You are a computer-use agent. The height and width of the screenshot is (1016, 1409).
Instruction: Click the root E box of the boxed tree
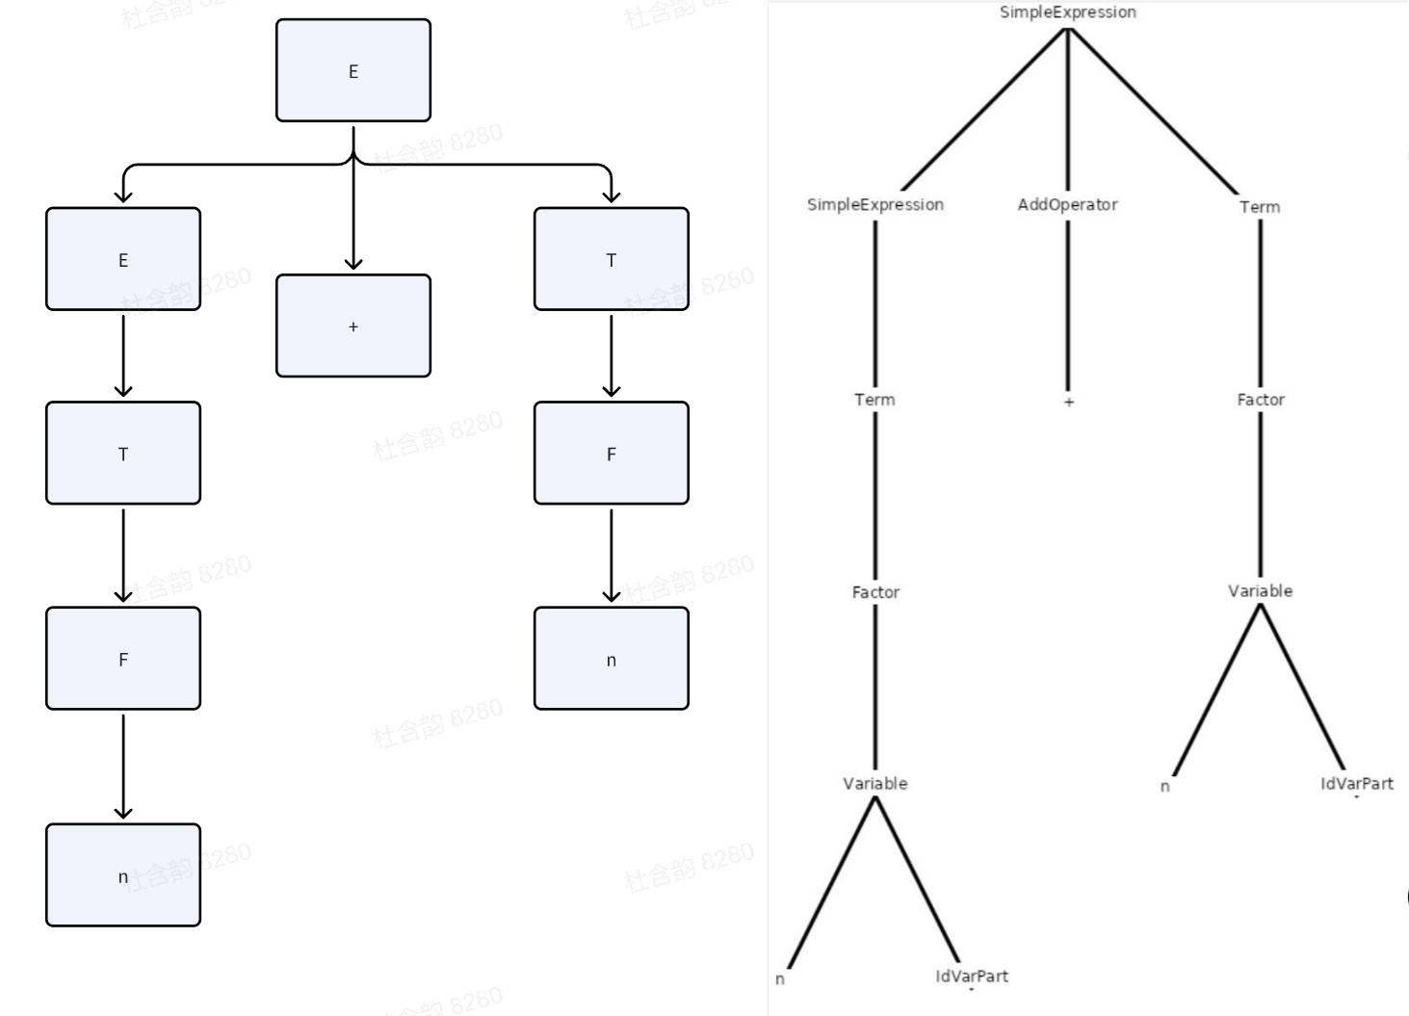352,70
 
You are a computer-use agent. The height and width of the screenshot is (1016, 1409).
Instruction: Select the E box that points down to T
123,259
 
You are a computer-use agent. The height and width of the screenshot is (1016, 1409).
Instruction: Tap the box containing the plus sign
352,326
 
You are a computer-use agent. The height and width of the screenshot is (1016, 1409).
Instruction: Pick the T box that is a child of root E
611,259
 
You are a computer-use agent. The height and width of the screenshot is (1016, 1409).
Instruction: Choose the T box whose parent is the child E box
123,453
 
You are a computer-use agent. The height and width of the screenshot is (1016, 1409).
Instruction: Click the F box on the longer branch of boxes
123,659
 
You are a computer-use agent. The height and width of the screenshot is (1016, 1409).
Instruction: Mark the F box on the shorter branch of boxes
611,453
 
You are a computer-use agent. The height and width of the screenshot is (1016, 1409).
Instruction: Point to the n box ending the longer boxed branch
123,875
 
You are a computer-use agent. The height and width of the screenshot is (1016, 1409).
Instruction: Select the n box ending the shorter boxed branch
611,659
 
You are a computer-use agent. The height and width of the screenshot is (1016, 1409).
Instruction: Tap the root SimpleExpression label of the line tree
1067,13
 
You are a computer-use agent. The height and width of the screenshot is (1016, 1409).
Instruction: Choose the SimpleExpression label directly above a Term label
874,204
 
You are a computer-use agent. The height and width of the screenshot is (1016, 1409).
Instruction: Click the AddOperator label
1067,204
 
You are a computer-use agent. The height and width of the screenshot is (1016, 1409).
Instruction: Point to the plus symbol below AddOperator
1068,402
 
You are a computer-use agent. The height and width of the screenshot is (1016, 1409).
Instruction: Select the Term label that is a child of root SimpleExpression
1260,207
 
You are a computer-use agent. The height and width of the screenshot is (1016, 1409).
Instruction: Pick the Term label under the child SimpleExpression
874,400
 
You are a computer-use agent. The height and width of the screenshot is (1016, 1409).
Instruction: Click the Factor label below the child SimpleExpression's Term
874,592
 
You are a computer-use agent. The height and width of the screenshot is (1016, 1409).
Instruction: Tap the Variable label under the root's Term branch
1260,591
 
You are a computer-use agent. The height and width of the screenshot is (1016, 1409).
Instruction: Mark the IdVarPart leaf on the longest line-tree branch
971,977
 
